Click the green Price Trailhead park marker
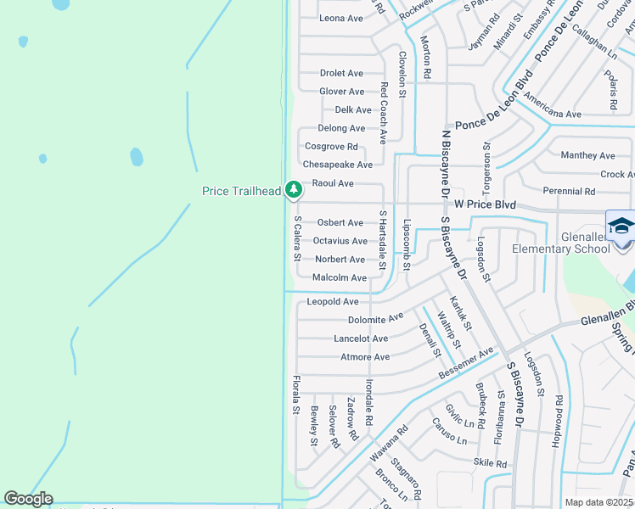(x=293, y=189)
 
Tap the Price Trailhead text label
(x=241, y=192)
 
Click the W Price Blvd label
(x=485, y=204)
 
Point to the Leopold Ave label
(x=333, y=302)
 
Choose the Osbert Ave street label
(x=340, y=223)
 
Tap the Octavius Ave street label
(x=340, y=241)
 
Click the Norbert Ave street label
(x=340, y=260)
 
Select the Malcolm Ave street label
(x=340, y=278)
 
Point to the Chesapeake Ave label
(x=338, y=165)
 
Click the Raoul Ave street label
(x=333, y=183)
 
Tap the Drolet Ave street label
(x=341, y=74)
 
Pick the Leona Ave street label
(x=341, y=19)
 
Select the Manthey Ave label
(x=587, y=156)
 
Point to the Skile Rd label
(x=490, y=464)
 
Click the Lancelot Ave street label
(x=361, y=338)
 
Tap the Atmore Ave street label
(x=365, y=357)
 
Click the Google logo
(x=28, y=499)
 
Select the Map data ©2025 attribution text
(x=598, y=502)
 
